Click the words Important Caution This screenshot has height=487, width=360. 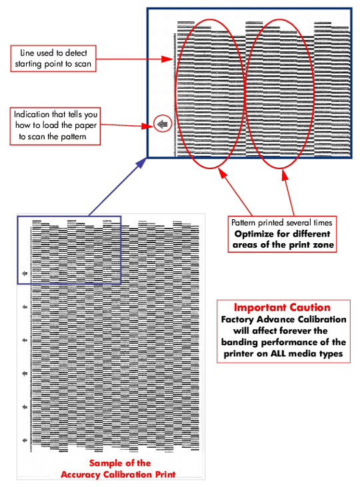pos(282,308)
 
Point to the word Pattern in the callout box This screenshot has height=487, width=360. pos(244,223)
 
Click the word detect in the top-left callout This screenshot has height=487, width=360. pos(76,53)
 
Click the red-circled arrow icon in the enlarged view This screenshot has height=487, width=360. pos(162,124)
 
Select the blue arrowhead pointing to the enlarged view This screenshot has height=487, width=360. pos(142,162)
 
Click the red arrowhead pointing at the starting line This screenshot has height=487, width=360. pos(167,59)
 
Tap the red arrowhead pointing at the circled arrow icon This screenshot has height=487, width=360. pos(147,126)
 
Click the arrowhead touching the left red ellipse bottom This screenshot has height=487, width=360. pos(223,173)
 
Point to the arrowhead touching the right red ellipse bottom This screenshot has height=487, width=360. pos(285,175)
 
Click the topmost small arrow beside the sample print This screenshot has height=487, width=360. pos(25,273)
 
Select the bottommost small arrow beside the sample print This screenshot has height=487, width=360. pos(25,440)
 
